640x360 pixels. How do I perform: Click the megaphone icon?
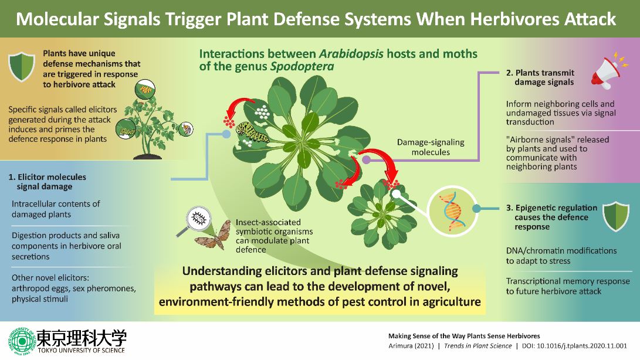[x=608, y=72]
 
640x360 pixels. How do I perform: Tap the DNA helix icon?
[x=452, y=210]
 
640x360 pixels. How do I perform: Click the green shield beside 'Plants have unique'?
[x=22, y=67]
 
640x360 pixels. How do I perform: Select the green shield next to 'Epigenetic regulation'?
[x=617, y=216]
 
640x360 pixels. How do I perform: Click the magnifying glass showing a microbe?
[x=195, y=220]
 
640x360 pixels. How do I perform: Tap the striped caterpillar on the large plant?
[x=252, y=132]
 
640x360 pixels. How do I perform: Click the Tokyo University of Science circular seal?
[x=22, y=340]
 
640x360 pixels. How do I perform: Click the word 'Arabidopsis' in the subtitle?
[x=351, y=54]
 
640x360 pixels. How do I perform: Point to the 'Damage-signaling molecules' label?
[x=431, y=147]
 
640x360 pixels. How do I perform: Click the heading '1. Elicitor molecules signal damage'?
[x=48, y=182]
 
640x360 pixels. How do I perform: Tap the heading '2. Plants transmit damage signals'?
[x=540, y=77]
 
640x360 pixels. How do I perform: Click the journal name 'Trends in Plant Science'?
[x=478, y=346]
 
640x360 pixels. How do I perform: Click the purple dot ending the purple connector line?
[x=367, y=159]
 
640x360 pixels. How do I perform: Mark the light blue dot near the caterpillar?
[x=226, y=134]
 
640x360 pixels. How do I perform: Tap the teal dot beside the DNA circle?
[x=476, y=209]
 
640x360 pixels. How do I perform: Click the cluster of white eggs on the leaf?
[x=262, y=112]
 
